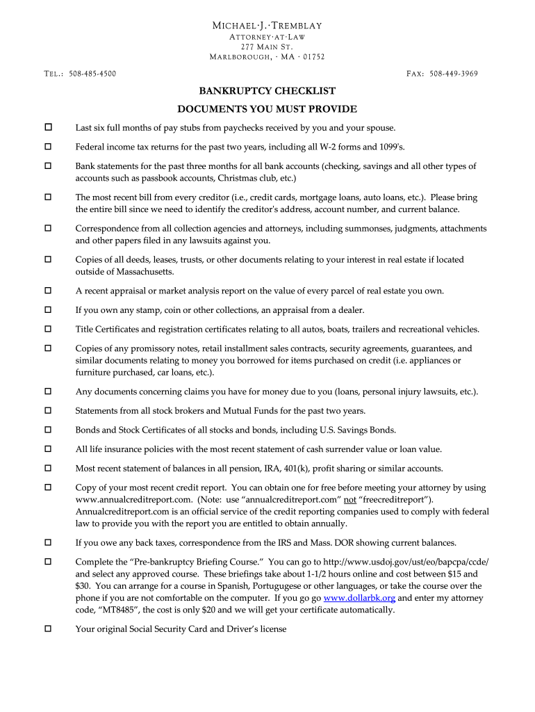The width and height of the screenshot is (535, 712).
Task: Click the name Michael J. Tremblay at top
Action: click(267, 26)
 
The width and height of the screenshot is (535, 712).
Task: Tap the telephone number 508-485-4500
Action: click(92, 74)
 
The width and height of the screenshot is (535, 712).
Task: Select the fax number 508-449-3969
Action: click(454, 74)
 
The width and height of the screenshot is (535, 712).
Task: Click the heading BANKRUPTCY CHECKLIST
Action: click(267, 91)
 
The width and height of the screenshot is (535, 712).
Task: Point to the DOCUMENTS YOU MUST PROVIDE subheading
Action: click(267, 109)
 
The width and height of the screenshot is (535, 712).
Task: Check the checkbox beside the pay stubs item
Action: click(49, 128)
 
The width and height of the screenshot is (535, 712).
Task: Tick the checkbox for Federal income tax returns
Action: click(49, 147)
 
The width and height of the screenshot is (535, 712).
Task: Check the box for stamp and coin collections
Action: click(49, 310)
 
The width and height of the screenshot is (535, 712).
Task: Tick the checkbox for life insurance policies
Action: click(49, 449)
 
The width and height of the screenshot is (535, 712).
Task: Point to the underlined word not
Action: click(350, 499)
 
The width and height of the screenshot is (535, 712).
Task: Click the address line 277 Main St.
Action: click(267, 47)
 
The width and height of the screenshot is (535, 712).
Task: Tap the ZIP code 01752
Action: click(313, 57)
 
